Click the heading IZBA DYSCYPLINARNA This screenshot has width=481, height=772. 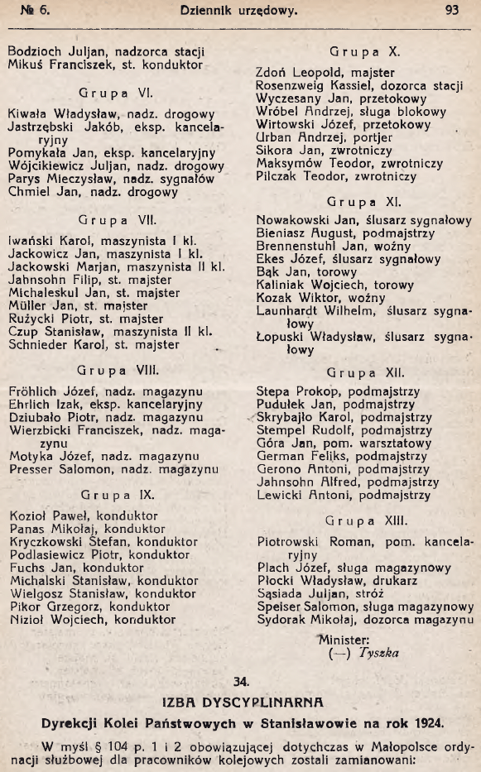(240, 703)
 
